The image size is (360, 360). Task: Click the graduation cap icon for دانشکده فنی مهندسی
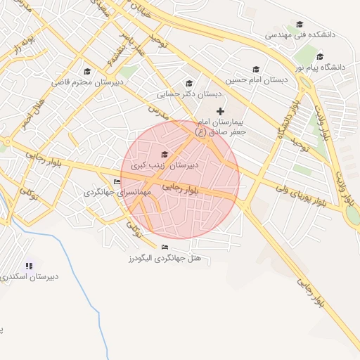[x=300, y=24]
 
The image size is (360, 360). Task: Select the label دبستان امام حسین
[x=261, y=79]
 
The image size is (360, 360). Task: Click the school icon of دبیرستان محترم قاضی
[x=87, y=71]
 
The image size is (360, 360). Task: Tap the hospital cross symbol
[x=221, y=111]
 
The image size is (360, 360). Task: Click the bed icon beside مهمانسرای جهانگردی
[x=117, y=182]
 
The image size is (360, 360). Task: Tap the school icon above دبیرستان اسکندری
[x=29, y=266]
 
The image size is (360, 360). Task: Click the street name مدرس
[x=158, y=110]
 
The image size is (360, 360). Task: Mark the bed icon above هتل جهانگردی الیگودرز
[x=165, y=247]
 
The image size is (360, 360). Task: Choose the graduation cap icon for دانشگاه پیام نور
[x=320, y=57]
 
